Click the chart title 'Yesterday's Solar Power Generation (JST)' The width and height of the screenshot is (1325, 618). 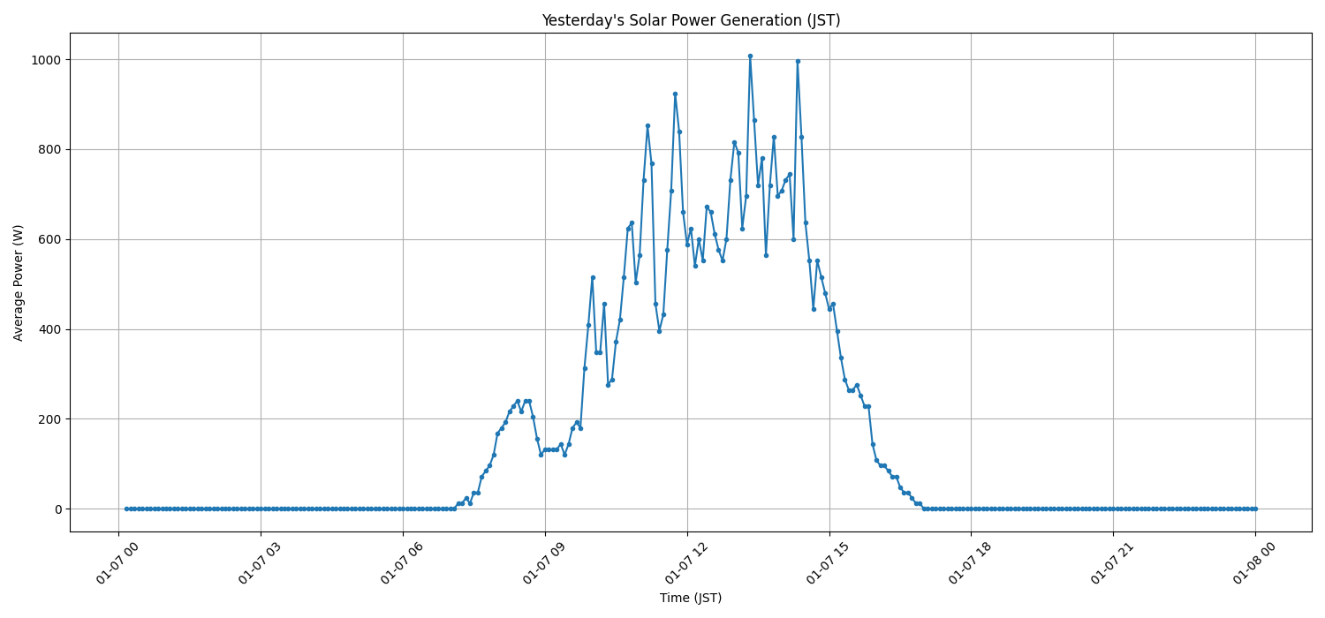coord(691,20)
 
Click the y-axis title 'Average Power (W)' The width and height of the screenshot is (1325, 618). coord(19,283)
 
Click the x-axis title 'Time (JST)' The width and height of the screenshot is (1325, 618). coord(691,598)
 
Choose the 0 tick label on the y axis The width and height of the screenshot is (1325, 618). coord(57,509)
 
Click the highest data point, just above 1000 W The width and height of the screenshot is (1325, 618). coord(750,56)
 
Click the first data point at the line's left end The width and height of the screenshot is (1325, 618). coord(126,509)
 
